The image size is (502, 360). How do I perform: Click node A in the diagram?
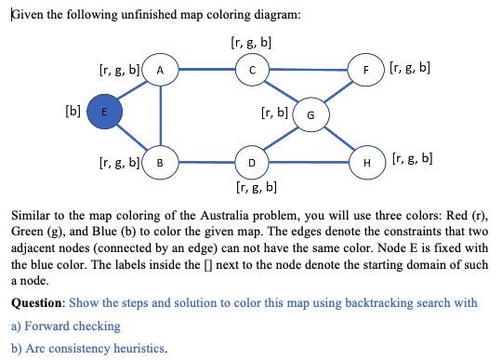tap(161, 70)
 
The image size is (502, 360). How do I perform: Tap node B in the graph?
tap(161, 164)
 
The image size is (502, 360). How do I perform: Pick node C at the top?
tap(252, 69)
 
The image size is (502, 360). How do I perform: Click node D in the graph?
tap(252, 164)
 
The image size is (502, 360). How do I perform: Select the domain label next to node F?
tap(410, 68)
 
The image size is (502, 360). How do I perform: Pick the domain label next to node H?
tap(410, 158)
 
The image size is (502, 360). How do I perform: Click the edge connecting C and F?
tap(309, 69)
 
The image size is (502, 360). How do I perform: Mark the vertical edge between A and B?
tap(161, 116)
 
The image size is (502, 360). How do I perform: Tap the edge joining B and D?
tap(206, 164)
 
